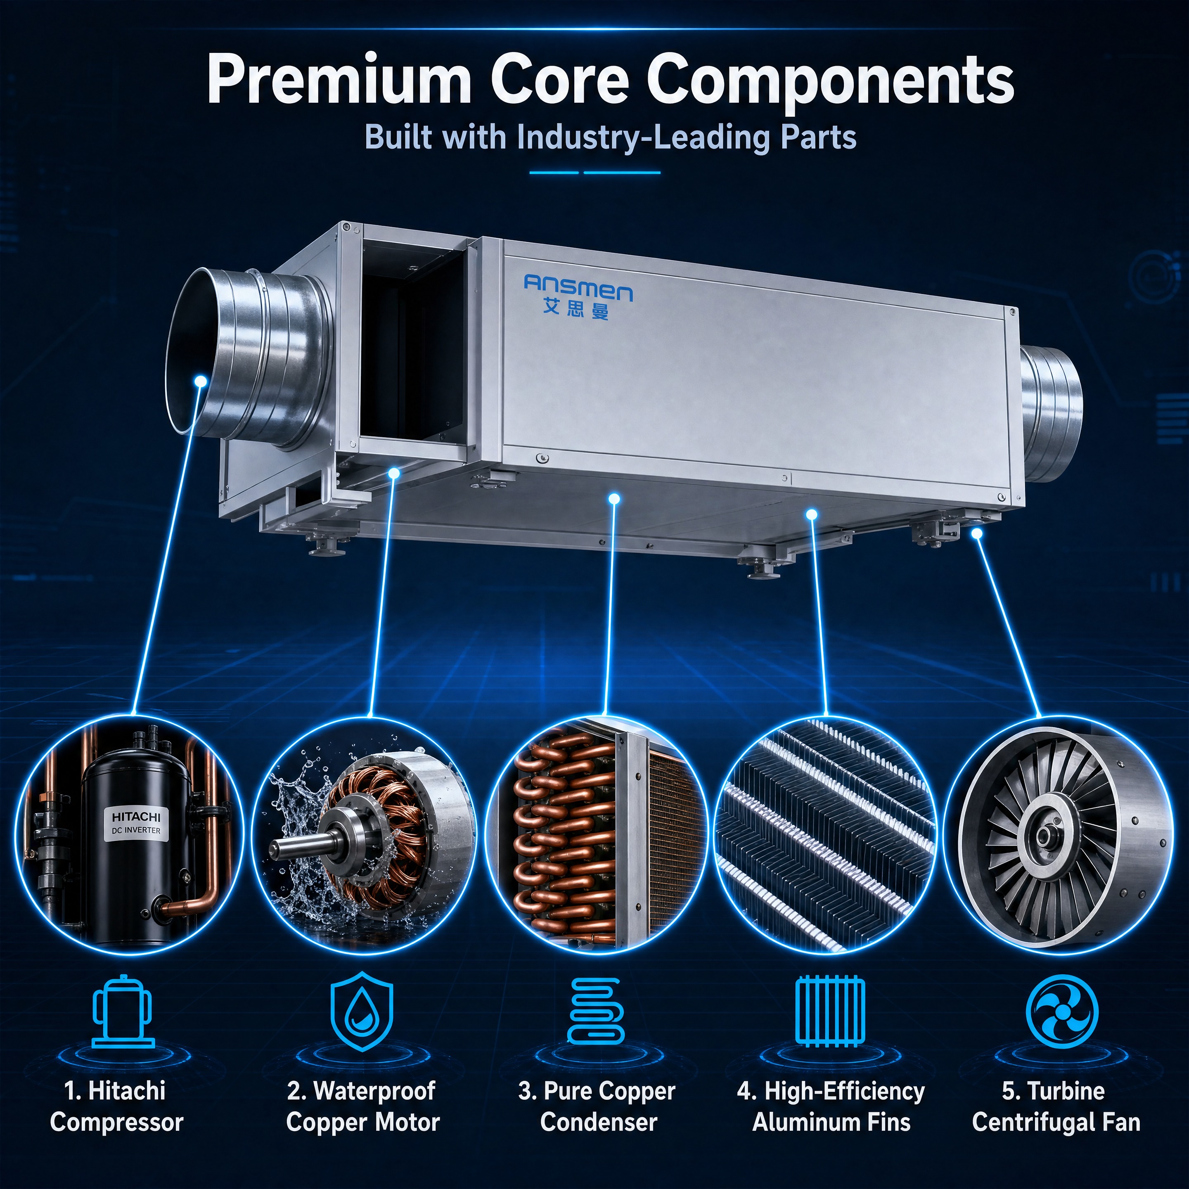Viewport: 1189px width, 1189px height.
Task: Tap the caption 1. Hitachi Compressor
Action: pyautogui.click(x=117, y=1106)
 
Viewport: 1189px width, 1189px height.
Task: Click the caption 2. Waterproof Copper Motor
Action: pyautogui.click(x=362, y=1106)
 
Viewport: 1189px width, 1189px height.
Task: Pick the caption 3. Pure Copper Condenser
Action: pyautogui.click(x=597, y=1106)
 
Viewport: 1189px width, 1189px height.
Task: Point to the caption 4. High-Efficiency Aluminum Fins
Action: pyautogui.click(x=831, y=1106)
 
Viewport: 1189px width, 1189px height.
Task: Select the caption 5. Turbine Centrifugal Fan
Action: pyautogui.click(x=1056, y=1106)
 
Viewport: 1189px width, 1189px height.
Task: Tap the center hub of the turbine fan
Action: pyautogui.click(x=1044, y=836)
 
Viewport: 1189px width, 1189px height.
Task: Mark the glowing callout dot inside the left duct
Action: pyautogui.click(x=199, y=381)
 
